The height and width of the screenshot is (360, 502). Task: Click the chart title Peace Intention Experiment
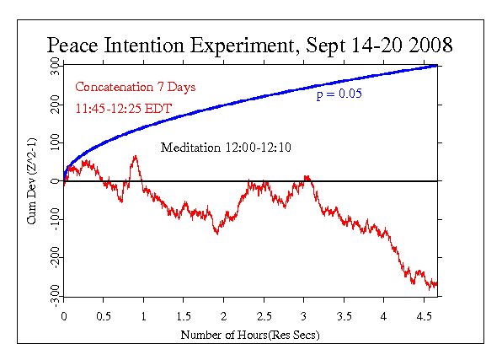pyautogui.click(x=249, y=45)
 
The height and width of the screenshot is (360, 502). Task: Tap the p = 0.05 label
pyautogui.click(x=339, y=94)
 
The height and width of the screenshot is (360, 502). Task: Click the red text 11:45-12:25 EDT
pyautogui.click(x=122, y=108)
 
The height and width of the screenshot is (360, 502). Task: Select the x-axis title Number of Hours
pyautogui.click(x=250, y=335)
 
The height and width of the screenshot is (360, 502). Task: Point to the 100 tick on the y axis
pyautogui.click(x=53, y=142)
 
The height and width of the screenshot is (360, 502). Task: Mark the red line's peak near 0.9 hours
pyautogui.click(x=135, y=156)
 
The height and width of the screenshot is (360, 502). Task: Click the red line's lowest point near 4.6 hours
pyautogui.click(x=430, y=288)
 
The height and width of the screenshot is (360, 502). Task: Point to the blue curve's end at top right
pyautogui.click(x=437, y=66)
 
